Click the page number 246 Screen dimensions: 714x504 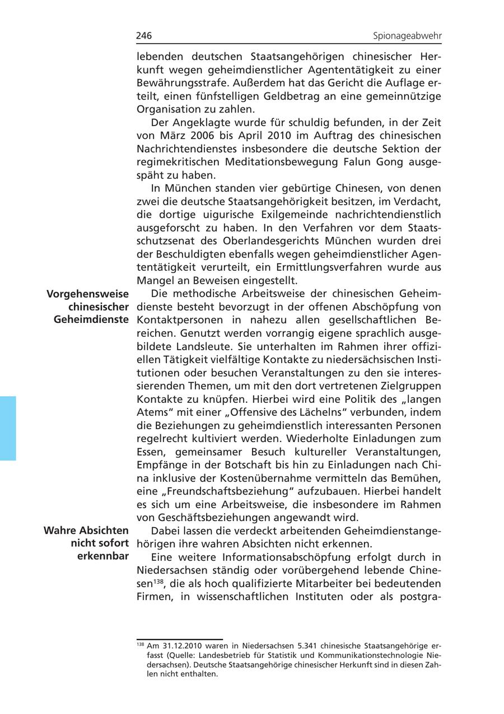pyautogui.click(x=144, y=36)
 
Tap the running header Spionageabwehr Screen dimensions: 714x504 pyautogui.click(x=407, y=36)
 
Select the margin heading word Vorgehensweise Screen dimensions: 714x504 pyautogui.click(x=87, y=294)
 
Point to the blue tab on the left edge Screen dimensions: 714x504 pyautogui.click(x=8, y=428)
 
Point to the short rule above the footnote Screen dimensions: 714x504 pyautogui.click(x=179, y=639)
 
